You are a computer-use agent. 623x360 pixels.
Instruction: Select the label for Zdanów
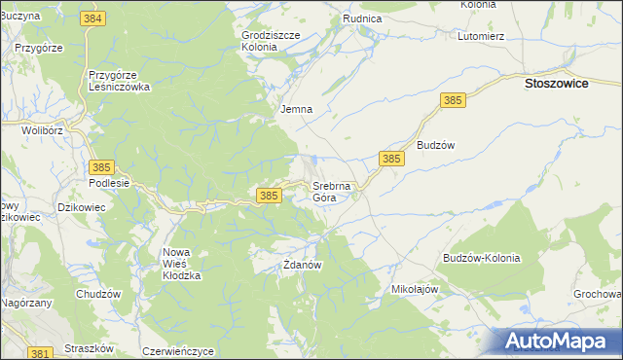click(x=302, y=264)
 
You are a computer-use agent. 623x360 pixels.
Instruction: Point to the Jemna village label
click(x=296, y=109)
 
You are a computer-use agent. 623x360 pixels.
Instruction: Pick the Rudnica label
click(x=362, y=18)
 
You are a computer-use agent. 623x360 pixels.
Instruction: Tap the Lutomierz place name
click(x=480, y=36)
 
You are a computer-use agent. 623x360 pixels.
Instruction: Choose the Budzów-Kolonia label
click(x=481, y=258)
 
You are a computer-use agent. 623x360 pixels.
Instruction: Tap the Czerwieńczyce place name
click(x=177, y=350)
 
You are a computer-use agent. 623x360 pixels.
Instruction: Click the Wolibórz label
click(x=42, y=129)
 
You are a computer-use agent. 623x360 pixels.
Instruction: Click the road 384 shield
click(x=93, y=18)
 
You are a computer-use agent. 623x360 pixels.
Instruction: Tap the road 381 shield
click(x=40, y=353)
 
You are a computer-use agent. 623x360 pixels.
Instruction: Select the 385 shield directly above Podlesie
click(x=102, y=167)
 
